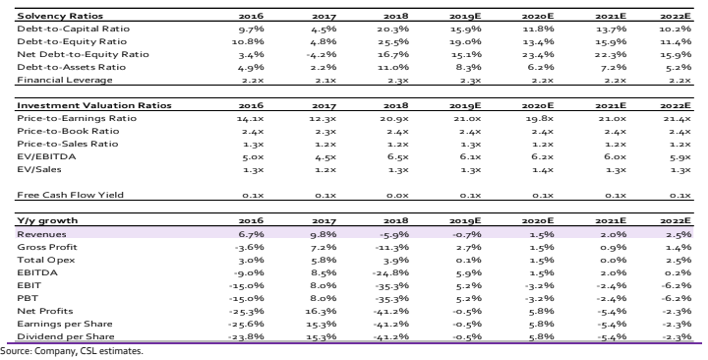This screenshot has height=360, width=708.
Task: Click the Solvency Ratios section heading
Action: click(60, 16)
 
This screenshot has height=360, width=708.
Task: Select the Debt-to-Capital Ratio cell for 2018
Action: click(392, 29)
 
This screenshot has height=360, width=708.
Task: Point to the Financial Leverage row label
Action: click(65, 80)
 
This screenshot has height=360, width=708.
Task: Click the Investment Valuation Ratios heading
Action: click(94, 105)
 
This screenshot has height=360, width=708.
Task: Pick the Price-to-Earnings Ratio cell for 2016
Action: click(250, 119)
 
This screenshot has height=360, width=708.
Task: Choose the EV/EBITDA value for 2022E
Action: click(680, 157)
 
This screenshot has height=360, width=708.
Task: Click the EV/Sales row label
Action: click(39, 169)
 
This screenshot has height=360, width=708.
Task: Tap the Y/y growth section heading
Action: click(47, 220)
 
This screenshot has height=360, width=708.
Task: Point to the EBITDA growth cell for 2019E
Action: click(469, 273)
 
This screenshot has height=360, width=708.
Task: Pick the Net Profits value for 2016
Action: click(247, 312)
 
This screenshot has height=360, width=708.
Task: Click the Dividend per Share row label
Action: click(66, 336)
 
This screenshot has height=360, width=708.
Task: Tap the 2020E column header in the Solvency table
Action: click(538, 17)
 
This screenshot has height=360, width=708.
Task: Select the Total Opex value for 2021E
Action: click(614, 261)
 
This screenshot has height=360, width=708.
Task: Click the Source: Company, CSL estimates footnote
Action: click(72, 351)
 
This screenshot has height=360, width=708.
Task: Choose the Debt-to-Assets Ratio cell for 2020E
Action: click(542, 67)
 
